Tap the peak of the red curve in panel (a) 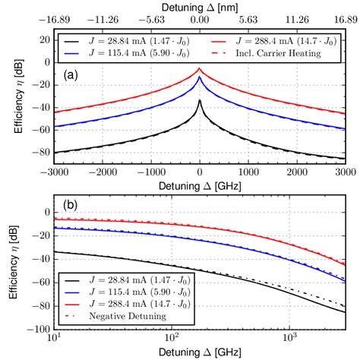tap(200, 67)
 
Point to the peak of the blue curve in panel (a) tap(200, 77)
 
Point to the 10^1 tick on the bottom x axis tap(53, 335)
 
